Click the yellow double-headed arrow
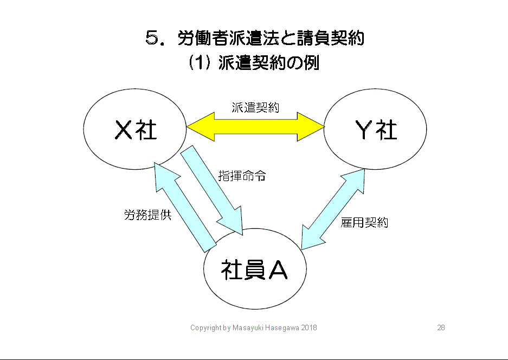tap(255, 127)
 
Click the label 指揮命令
tap(242, 176)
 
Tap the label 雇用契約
tap(364, 222)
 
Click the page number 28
tap(441, 328)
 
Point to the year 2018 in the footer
tap(309, 328)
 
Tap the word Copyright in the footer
tap(205, 328)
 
